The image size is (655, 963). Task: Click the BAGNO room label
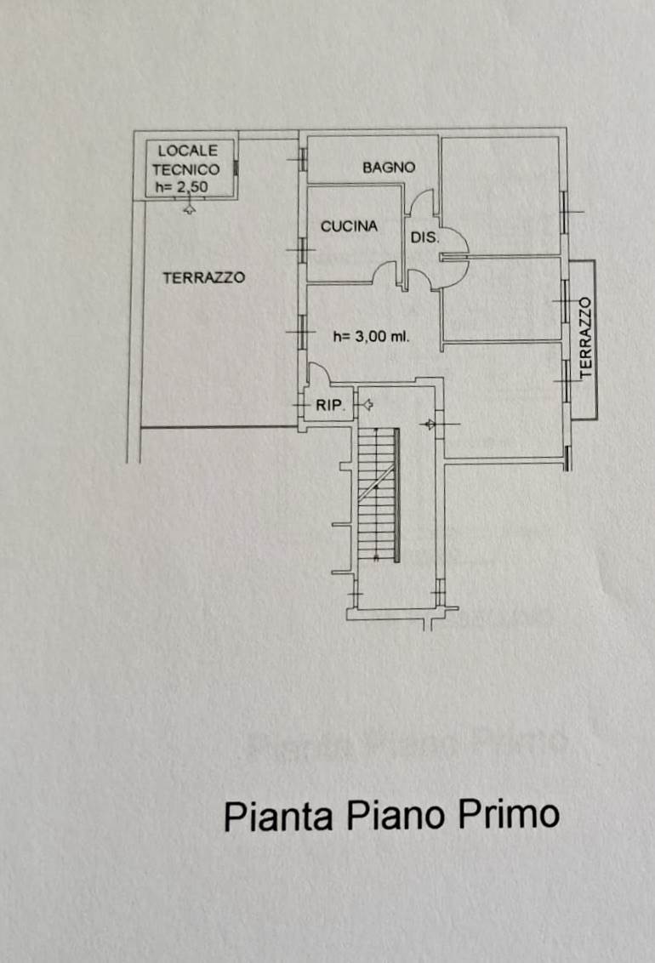389,168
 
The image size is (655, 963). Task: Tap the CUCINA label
349,226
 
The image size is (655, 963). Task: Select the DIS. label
425,238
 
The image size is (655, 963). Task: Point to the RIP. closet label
328,406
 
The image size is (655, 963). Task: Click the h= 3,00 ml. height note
371,337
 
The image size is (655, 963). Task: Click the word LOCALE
187,151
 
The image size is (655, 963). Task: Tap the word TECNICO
185,168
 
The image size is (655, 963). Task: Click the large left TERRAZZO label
203,277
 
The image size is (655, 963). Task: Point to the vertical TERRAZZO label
584,339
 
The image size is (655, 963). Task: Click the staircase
378,493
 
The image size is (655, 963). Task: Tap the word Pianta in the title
278,816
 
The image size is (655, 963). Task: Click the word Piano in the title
395,815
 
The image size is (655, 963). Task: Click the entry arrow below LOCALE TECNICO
189,207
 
